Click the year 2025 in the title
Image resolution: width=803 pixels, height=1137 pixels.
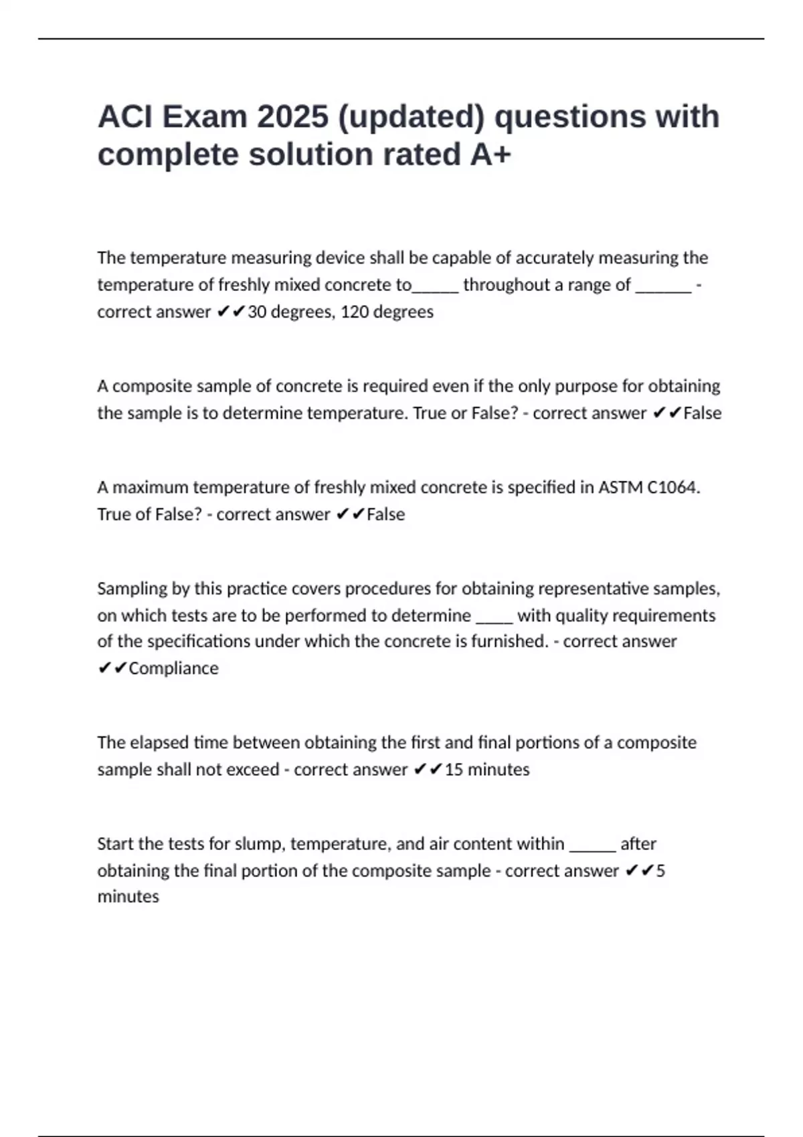(x=292, y=117)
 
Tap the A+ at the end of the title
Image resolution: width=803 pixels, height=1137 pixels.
(x=490, y=154)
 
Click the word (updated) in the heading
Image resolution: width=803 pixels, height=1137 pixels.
(x=411, y=117)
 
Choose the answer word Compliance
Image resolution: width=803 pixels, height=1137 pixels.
(x=173, y=668)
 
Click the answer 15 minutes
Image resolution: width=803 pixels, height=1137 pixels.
(x=487, y=769)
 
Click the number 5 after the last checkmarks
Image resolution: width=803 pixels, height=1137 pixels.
(x=660, y=871)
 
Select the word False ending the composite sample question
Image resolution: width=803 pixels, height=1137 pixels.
(x=702, y=413)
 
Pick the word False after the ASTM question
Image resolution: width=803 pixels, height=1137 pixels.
(x=385, y=514)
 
